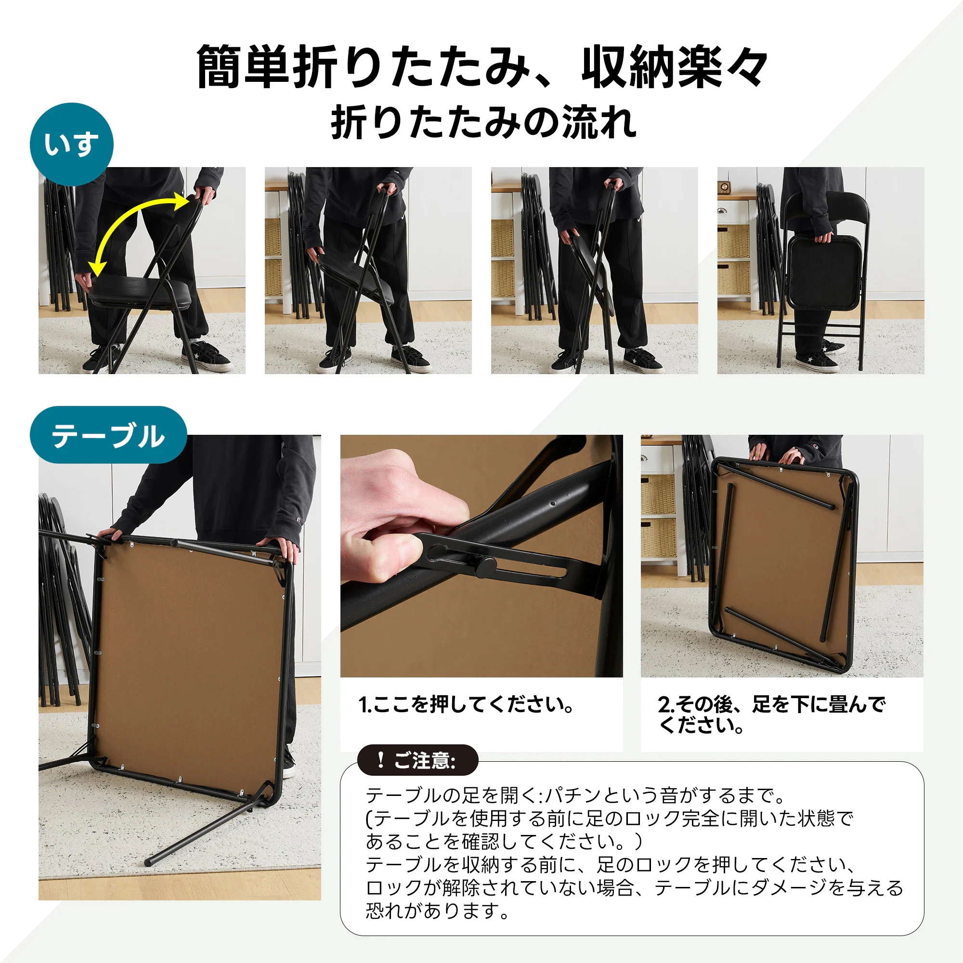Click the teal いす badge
(71, 144)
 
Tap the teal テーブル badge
(108, 435)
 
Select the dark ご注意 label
(417, 760)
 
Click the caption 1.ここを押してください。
(466, 704)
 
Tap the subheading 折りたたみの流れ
(483, 122)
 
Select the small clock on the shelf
(724, 187)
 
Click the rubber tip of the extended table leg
(148, 862)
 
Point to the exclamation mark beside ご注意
(380, 760)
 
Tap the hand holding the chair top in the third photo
(614, 185)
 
